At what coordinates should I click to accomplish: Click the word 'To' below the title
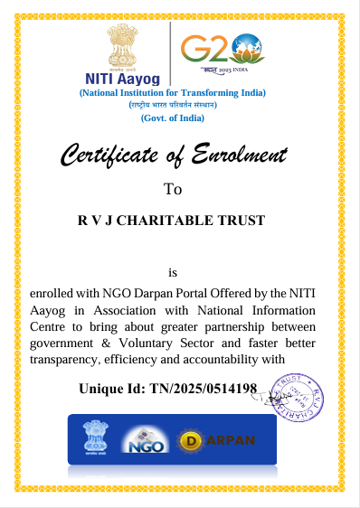click(x=172, y=189)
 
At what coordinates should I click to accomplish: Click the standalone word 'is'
click(x=174, y=272)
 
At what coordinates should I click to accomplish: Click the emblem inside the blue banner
click(x=95, y=439)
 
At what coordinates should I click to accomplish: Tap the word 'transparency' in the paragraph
click(x=65, y=360)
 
